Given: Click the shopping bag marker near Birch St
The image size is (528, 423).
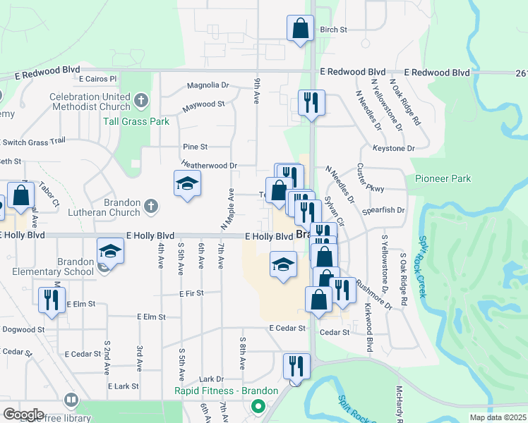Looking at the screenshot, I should pos(300,29).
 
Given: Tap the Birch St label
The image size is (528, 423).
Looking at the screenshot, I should pos(334,30).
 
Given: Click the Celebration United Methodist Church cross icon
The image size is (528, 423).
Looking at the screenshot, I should pos(141,101).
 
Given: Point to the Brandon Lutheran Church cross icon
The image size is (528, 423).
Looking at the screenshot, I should pos(150,207).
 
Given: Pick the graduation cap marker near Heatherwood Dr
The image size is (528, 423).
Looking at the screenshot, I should pos(187,185).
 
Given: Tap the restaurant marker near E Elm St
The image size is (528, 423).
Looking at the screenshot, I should pos(50,300).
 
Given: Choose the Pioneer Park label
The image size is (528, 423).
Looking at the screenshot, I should pos(443,179).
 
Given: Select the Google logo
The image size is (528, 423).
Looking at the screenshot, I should pos(23,414).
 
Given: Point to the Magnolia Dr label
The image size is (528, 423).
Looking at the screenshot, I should pos(208,85).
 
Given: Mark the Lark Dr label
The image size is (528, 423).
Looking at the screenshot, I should pos(211,379).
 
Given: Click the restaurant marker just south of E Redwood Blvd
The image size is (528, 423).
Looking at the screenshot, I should pos(311,103).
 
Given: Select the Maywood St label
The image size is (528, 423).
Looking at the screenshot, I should pos(203,104).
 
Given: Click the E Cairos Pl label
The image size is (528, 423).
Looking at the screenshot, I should pos(97,79).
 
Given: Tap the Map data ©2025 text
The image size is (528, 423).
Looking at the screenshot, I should pos(498,417).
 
